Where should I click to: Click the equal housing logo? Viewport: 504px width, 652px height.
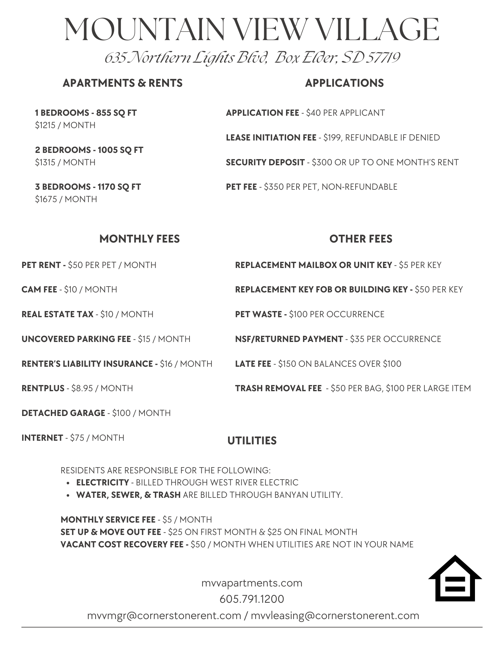[x=455, y=579]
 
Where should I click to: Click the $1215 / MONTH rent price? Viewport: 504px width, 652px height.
[x=65, y=125]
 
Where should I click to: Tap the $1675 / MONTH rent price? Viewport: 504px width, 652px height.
[x=66, y=199]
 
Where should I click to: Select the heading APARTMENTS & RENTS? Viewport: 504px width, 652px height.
[x=122, y=83]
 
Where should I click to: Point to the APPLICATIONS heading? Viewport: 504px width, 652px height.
[x=344, y=83]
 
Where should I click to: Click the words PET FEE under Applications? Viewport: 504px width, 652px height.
[x=241, y=187]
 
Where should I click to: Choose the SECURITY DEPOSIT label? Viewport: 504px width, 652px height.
[x=265, y=162]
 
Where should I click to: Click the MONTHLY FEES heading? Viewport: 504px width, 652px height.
[x=139, y=239]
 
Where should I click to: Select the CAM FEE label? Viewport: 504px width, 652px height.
[x=39, y=289]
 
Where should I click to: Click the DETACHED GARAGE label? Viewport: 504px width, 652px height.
[x=63, y=413]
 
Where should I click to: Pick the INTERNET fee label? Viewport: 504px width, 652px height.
[x=42, y=438]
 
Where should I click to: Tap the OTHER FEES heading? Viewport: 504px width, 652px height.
[x=360, y=239]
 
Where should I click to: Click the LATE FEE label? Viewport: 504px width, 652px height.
[x=253, y=364]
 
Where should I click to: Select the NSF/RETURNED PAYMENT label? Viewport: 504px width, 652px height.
[x=289, y=339]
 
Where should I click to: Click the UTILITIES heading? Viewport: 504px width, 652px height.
[x=252, y=441]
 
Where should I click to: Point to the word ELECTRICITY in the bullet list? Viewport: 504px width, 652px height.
[x=102, y=482]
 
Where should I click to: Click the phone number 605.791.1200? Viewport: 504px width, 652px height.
[x=252, y=599]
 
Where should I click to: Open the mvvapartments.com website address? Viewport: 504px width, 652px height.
[x=252, y=583]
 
